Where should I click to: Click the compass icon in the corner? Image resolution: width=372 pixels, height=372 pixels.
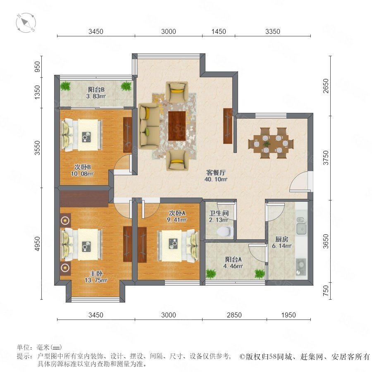[x=26, y=23]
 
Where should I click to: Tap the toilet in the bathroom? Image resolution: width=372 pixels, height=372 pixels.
[x=225, y=231]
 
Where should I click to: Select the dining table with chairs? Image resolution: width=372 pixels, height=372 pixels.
[x=271, y=143]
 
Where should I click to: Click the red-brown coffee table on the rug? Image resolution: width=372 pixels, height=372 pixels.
[x=177, y=126]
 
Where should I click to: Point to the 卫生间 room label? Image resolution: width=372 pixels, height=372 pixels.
[x=219, y=213]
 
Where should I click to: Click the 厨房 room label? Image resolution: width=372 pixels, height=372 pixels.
[x=281, y=239]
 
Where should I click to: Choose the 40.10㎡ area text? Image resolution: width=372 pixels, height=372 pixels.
[x=216, y=179]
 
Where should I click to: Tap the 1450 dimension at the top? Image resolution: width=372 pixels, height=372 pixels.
[x=219, y=31]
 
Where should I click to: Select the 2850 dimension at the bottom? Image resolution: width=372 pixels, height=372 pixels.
[x=234, y=315]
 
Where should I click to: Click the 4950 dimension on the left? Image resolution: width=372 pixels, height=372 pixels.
[x=38, y=243]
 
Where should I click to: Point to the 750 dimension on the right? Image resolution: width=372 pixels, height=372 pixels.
[x=326, y=291]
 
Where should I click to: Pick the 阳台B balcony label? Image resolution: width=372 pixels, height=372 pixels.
[x=96, y=89]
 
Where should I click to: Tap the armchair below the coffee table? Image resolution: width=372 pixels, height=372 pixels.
[x=177, y=160]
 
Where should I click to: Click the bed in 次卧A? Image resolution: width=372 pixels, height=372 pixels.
[x=178, y=246]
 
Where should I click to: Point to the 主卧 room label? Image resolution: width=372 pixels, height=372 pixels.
[x=96, y=274]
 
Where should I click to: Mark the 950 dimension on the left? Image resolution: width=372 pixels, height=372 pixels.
[x=38, y=67]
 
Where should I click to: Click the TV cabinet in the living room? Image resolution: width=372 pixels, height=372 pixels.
[x=227, y=126]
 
